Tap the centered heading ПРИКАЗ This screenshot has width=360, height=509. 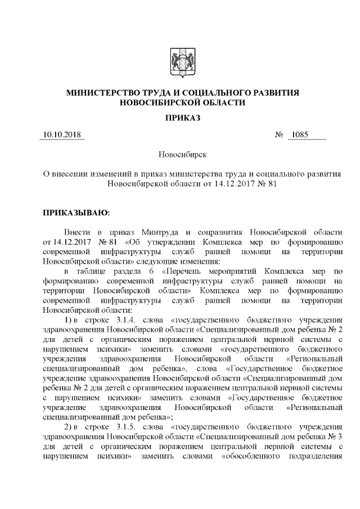pos(181,117)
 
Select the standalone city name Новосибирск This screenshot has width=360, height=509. pos(181,154)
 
